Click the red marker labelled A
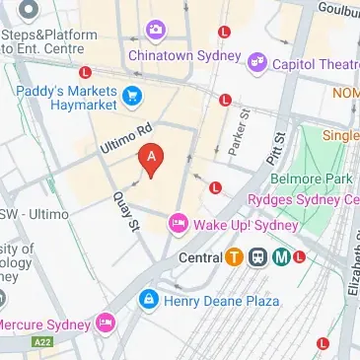point(150,159)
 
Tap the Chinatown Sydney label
point(177,55)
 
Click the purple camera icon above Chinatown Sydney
point(155,31)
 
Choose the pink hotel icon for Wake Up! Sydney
point(179,224)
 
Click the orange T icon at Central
point(233,258)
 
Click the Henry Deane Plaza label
point(209,297)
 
